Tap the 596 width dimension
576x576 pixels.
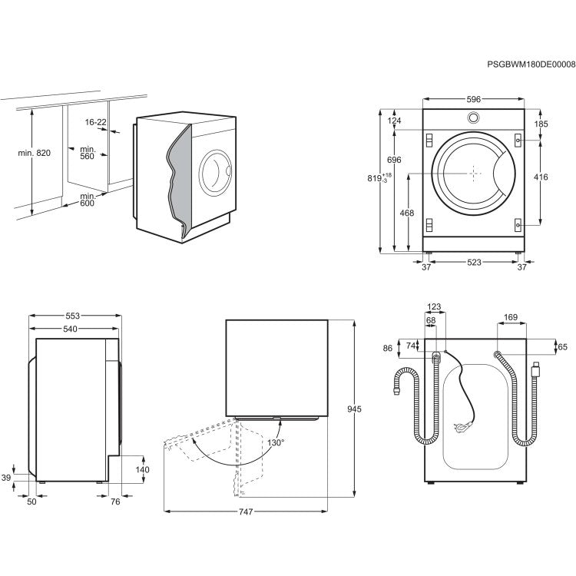tap(473, 99)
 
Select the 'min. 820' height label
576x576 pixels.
tap(34, 154)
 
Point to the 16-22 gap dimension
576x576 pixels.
tap(96, 122)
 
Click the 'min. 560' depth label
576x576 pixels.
tap(87, 152)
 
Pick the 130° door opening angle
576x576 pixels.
tap(276, 443)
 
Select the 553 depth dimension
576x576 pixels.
tap(73, 316)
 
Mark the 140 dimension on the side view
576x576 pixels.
tap(143, 469)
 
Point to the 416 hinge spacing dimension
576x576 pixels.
tap(541, 177)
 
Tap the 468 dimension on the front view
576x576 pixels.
tap(407, 213)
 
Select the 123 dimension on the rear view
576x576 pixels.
tap(435, 306)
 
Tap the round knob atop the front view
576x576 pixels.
tap(473, 118)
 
